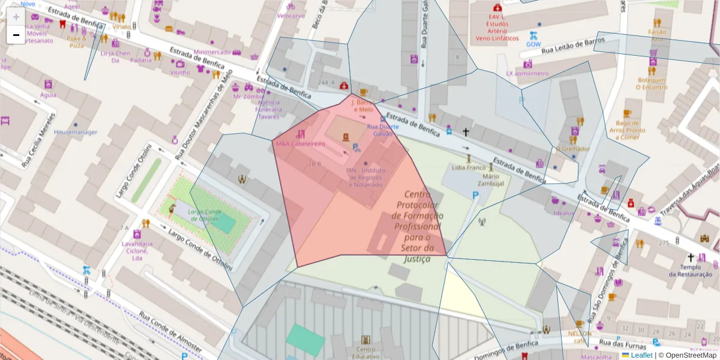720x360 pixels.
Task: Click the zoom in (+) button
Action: [x=16, y=17]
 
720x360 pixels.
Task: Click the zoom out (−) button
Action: [x=16, y=35]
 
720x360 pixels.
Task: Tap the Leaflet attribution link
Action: [x=641, y=355]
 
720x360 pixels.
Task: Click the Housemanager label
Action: [x=76, y=132]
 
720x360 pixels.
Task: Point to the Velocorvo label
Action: [x=290, y=16]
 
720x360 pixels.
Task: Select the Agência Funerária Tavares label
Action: [x=269, y=109]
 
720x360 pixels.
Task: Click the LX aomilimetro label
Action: [x=527, y=74]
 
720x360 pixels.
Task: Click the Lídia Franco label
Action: [x=468, y=167]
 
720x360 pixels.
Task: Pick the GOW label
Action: [x=533, y=44]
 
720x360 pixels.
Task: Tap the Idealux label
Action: [x=564, y=212]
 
